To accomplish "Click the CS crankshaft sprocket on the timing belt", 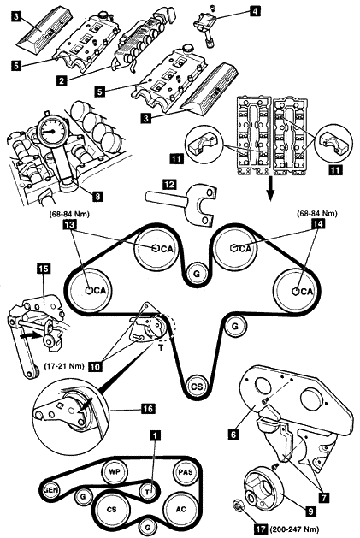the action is pos(197,387).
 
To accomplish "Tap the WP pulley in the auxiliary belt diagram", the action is pos(115,472).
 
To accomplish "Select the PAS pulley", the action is pos(186,472).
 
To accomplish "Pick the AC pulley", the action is pos(181,509).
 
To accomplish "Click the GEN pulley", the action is pos(50,490).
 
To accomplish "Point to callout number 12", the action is pos(169,184).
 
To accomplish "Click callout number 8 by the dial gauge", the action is pos(98,196).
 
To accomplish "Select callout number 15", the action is pos(44,269).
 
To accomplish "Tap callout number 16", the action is pos(147,408).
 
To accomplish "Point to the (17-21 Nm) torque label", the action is pos(64,366).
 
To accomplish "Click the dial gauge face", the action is pos(52,131).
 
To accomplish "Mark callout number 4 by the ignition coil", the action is pos(254,11).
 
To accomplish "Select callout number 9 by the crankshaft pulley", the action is pos(310,511).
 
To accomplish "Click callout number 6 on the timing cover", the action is pos(233,434).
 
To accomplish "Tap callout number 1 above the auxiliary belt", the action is pos(156,436).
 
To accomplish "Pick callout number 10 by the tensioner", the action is pos(96,366).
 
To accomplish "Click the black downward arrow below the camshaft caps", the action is pos(271,191).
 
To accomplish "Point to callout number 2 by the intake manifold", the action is pos(62,81).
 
